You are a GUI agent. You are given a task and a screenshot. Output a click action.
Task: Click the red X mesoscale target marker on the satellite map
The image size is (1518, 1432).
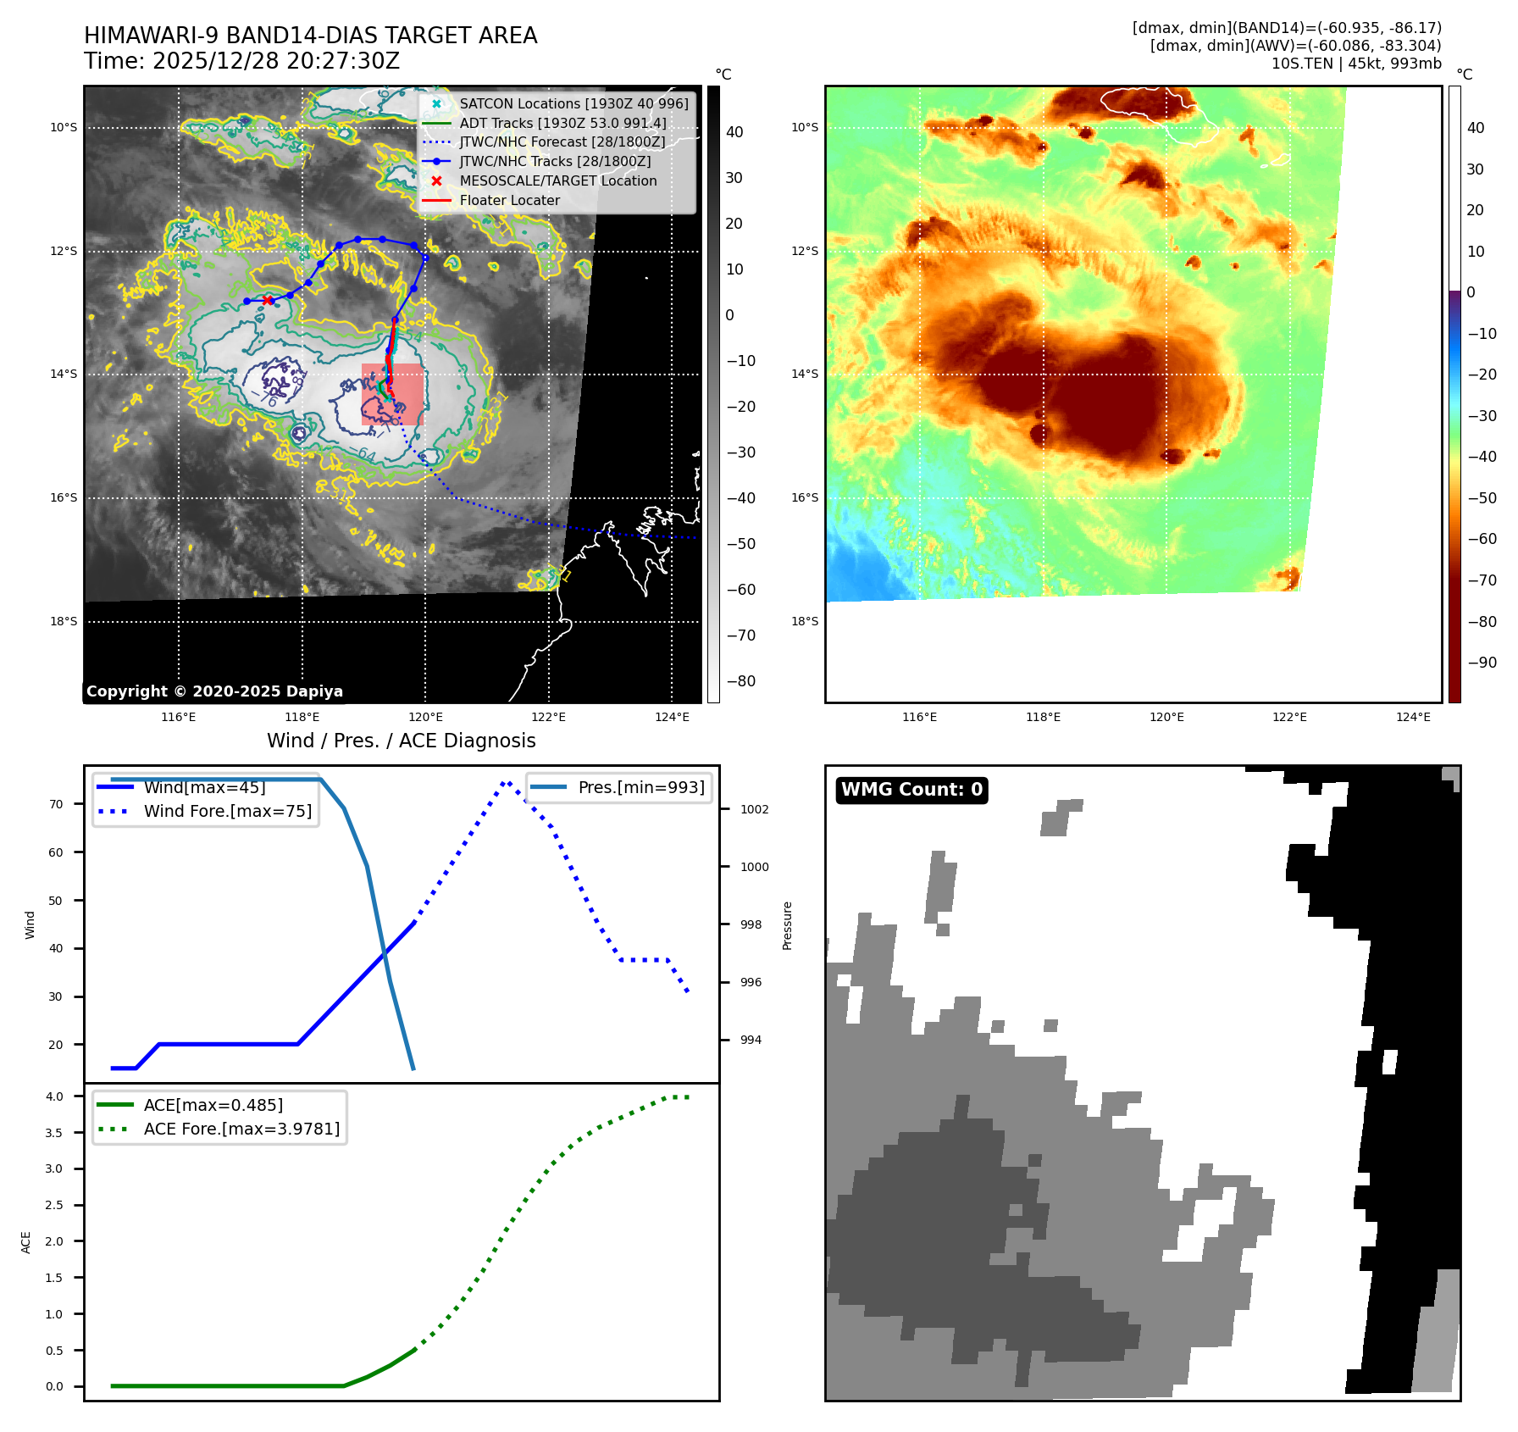[268, 300]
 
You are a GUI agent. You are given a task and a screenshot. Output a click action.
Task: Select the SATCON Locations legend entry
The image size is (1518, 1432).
[573, 103]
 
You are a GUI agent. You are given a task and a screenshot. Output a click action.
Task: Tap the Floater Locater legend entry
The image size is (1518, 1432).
[509, 200]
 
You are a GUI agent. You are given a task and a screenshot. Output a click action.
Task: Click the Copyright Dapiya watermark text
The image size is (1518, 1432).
[214, 691]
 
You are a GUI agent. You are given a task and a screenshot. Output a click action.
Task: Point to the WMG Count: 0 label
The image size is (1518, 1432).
[911, 790]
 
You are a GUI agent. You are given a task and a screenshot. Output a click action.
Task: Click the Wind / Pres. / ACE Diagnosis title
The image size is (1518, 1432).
[401, 741]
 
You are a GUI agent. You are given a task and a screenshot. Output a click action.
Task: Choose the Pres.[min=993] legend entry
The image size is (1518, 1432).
[640, 787]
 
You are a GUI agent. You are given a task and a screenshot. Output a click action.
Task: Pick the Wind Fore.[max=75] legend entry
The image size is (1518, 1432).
[227, 811]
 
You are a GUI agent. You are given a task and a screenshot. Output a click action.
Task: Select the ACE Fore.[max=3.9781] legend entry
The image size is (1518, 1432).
[241, 1129]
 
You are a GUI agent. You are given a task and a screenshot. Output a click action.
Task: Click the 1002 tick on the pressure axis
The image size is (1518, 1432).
[754, 809]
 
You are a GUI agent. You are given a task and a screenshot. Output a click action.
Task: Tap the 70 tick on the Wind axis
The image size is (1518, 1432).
[56, 804]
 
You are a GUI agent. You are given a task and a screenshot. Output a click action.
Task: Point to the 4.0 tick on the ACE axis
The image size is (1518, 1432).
[54, 1096]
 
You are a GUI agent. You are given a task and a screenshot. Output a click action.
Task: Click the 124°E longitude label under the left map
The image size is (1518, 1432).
[672, 717]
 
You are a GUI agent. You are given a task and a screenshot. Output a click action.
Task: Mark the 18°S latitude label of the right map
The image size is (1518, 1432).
[805, 621]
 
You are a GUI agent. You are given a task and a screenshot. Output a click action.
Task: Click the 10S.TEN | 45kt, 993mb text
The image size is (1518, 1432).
[1355, 64]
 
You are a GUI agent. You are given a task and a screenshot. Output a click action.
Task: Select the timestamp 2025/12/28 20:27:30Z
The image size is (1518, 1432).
[275, 61]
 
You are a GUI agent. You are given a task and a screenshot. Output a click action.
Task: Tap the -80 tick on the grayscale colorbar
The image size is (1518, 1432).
[740, 681]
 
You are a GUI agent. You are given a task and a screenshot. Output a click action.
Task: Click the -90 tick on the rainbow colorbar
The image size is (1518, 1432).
[1482, 663]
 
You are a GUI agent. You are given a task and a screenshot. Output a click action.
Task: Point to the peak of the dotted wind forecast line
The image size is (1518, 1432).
[506, 783]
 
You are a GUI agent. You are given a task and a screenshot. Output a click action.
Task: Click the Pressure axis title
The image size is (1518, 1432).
[787, 925]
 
